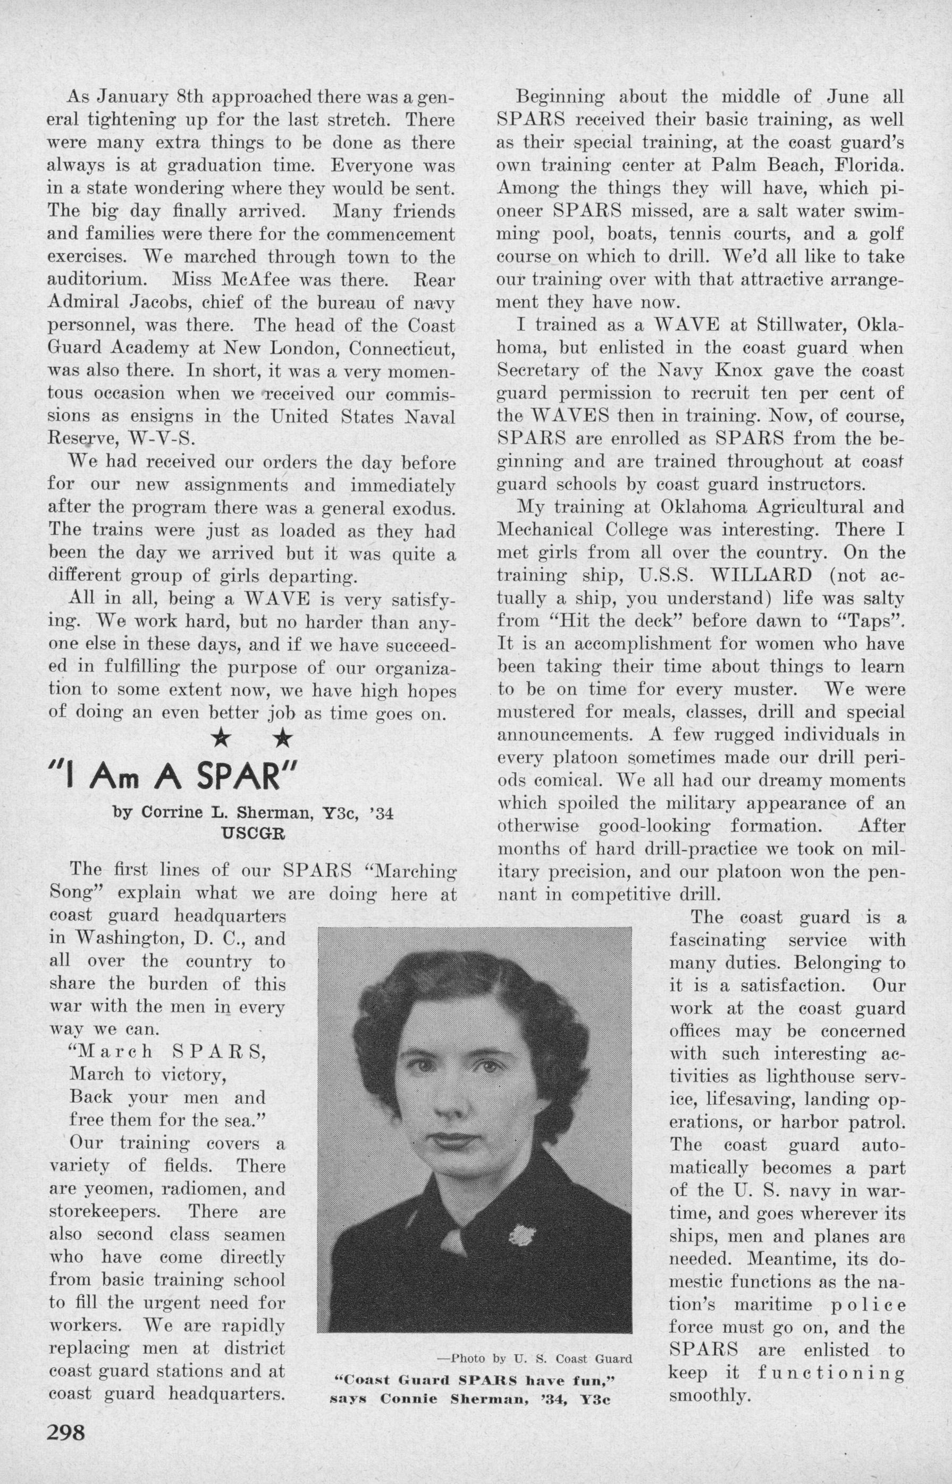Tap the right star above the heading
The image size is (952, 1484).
point(283,737)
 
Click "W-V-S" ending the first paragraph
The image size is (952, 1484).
point(162,439)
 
